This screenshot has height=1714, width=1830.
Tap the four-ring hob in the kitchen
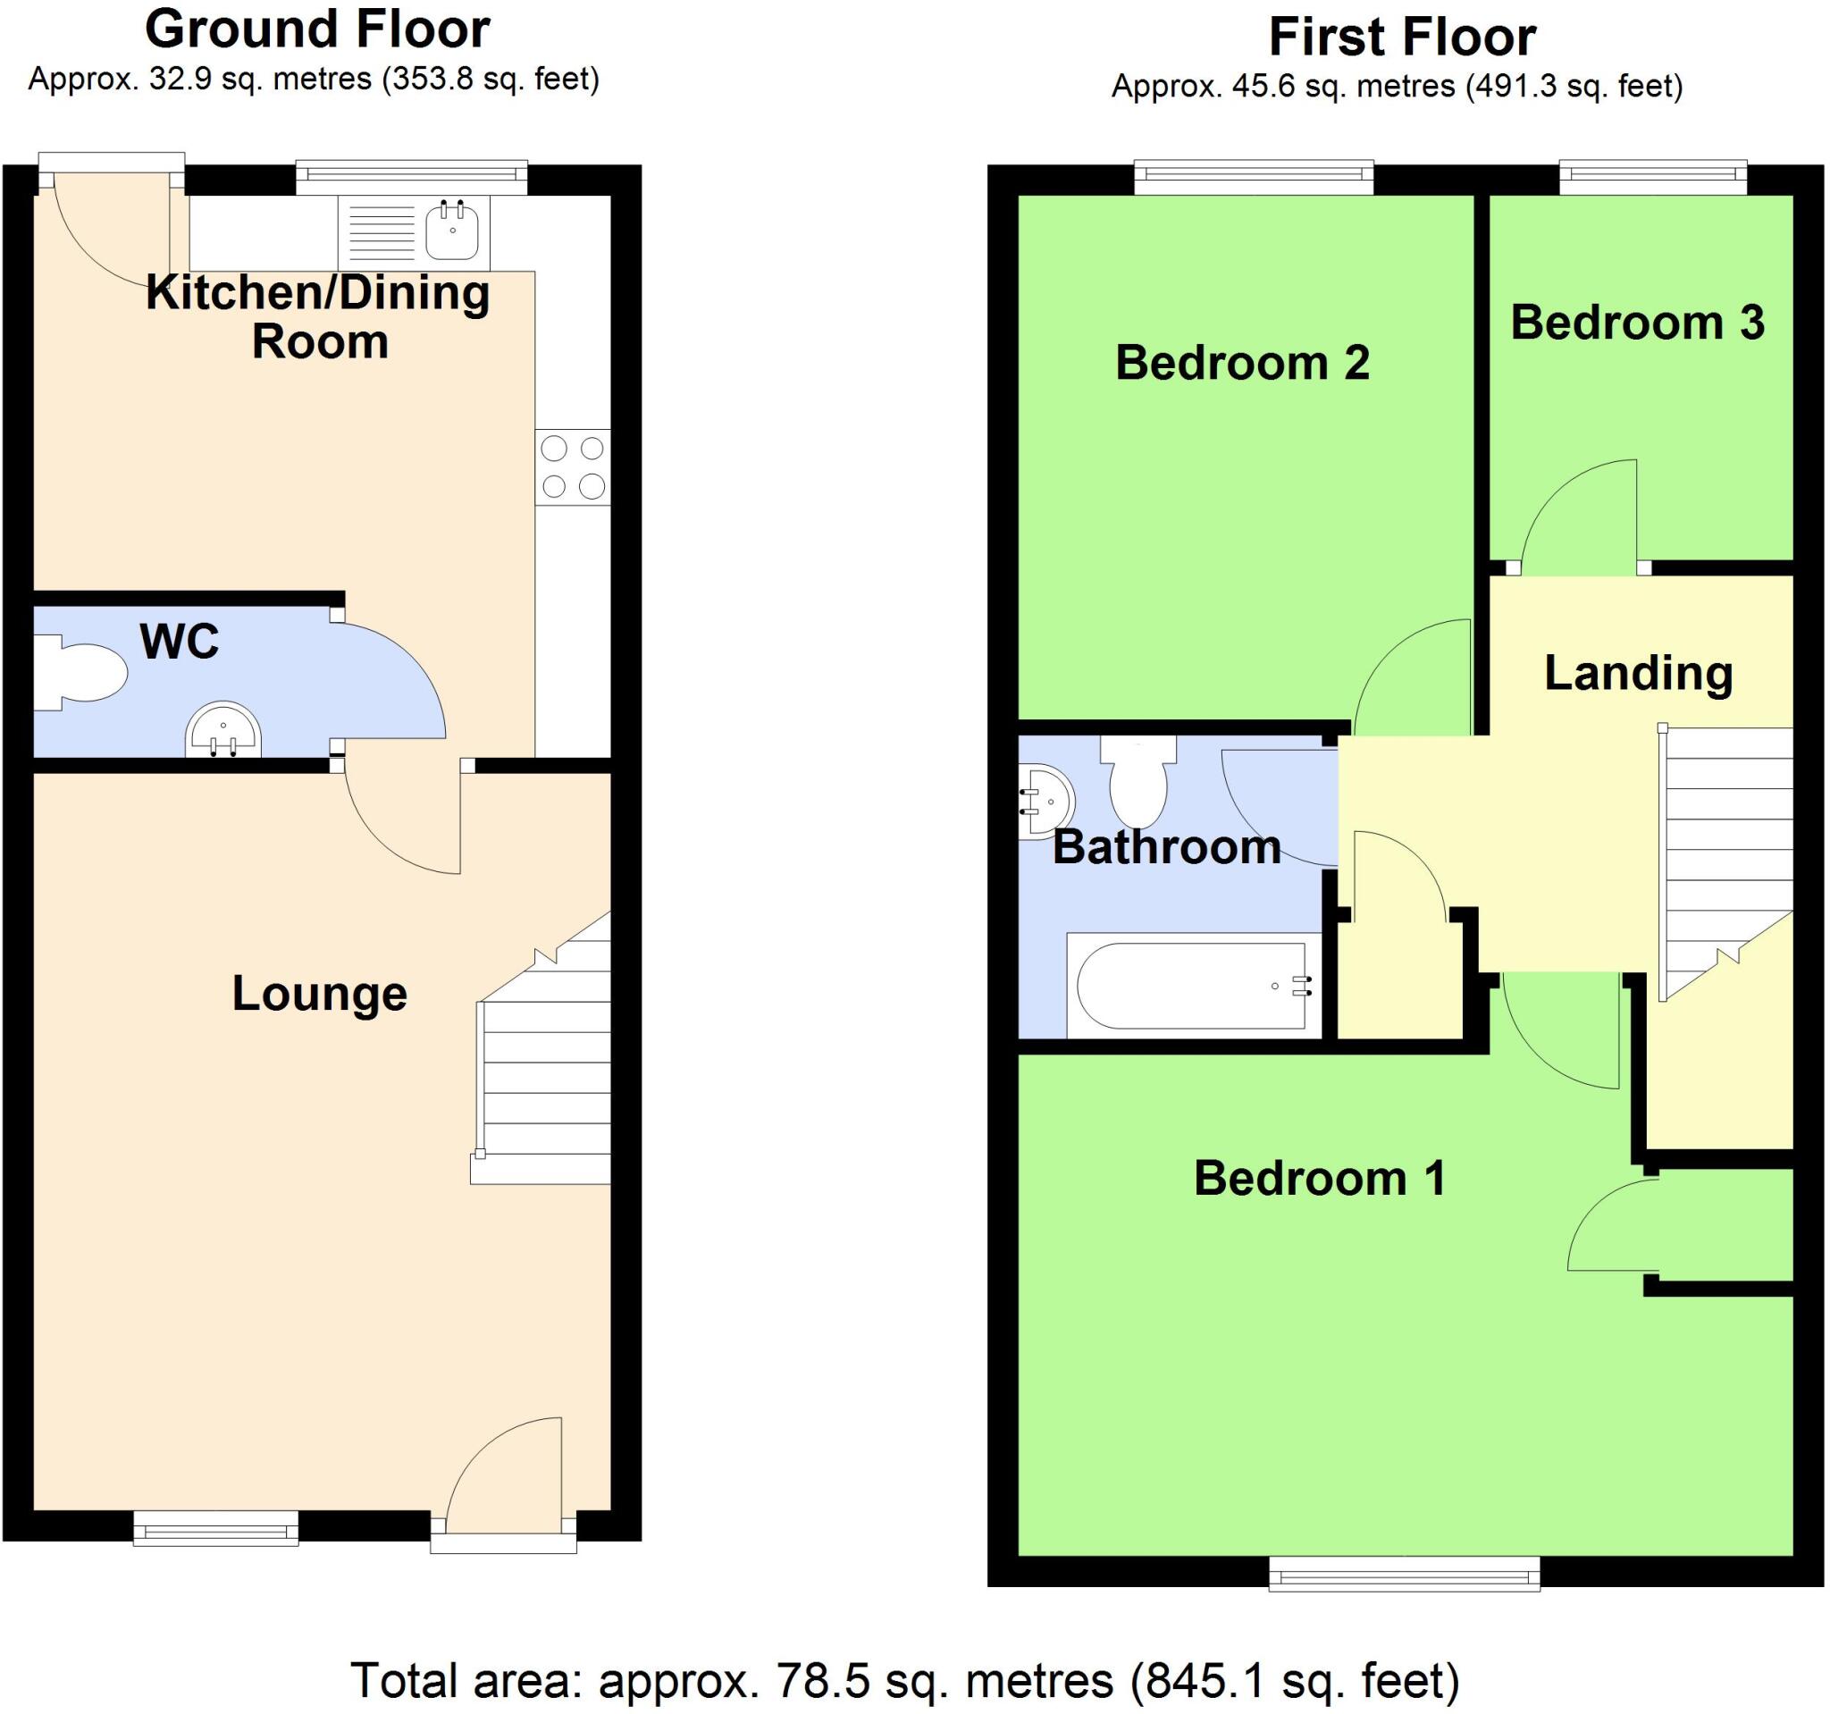tap(573, 467)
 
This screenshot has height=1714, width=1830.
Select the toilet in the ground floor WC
tap(83, 673)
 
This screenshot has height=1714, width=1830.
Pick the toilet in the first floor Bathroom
tap(1138, 782)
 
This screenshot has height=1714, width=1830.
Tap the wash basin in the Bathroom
tap(1044, 802)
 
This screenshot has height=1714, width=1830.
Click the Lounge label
tap(319, 994)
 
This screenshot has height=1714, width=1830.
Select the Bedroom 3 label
tap(1638, 323)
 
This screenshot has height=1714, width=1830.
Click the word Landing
tap(1639, 673)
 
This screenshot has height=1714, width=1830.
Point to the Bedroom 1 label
tap(1319, 1178)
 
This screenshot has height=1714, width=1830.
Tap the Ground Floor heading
tap(317, 30)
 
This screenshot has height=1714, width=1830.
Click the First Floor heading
tap(1402, 38)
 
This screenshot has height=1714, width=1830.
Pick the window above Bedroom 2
tap(1254, 177)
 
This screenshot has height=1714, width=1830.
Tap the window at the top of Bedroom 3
tap(1653, 177)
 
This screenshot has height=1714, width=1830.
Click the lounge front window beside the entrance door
tap(216, 1529)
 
